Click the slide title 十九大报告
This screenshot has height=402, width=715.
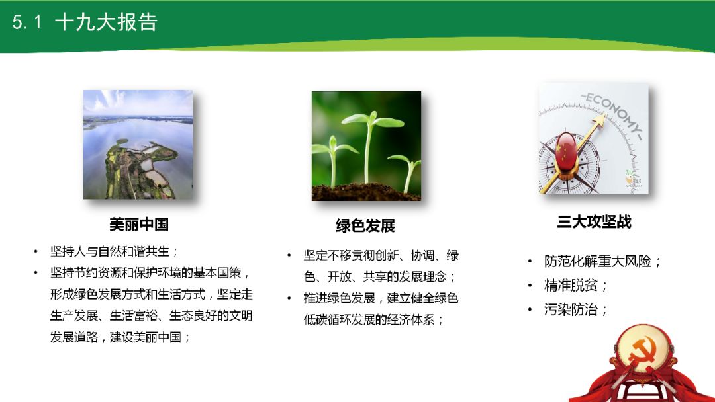tap(106, 22)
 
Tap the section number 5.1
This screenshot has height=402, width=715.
tap(27, 22)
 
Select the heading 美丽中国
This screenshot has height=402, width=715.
tap(139, 225)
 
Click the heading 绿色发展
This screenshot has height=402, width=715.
tap(365, 226)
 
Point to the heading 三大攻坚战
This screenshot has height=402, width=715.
tap(594, 222)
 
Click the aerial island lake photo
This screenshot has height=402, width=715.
tap(138, 144)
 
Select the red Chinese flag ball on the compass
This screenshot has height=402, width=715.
tap(567, 150)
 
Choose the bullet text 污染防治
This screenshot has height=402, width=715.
tap(575, 309)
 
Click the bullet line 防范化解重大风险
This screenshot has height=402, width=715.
tap(602, 261)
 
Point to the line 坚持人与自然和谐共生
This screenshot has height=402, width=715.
tap(115, 252)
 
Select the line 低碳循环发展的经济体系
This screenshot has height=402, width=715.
tap(373, 319)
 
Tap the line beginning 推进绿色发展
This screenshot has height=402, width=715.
tap(381, 298)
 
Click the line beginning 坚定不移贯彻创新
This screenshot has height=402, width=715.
tap(381, 256)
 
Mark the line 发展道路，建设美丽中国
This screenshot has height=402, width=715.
tap(121, 337)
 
